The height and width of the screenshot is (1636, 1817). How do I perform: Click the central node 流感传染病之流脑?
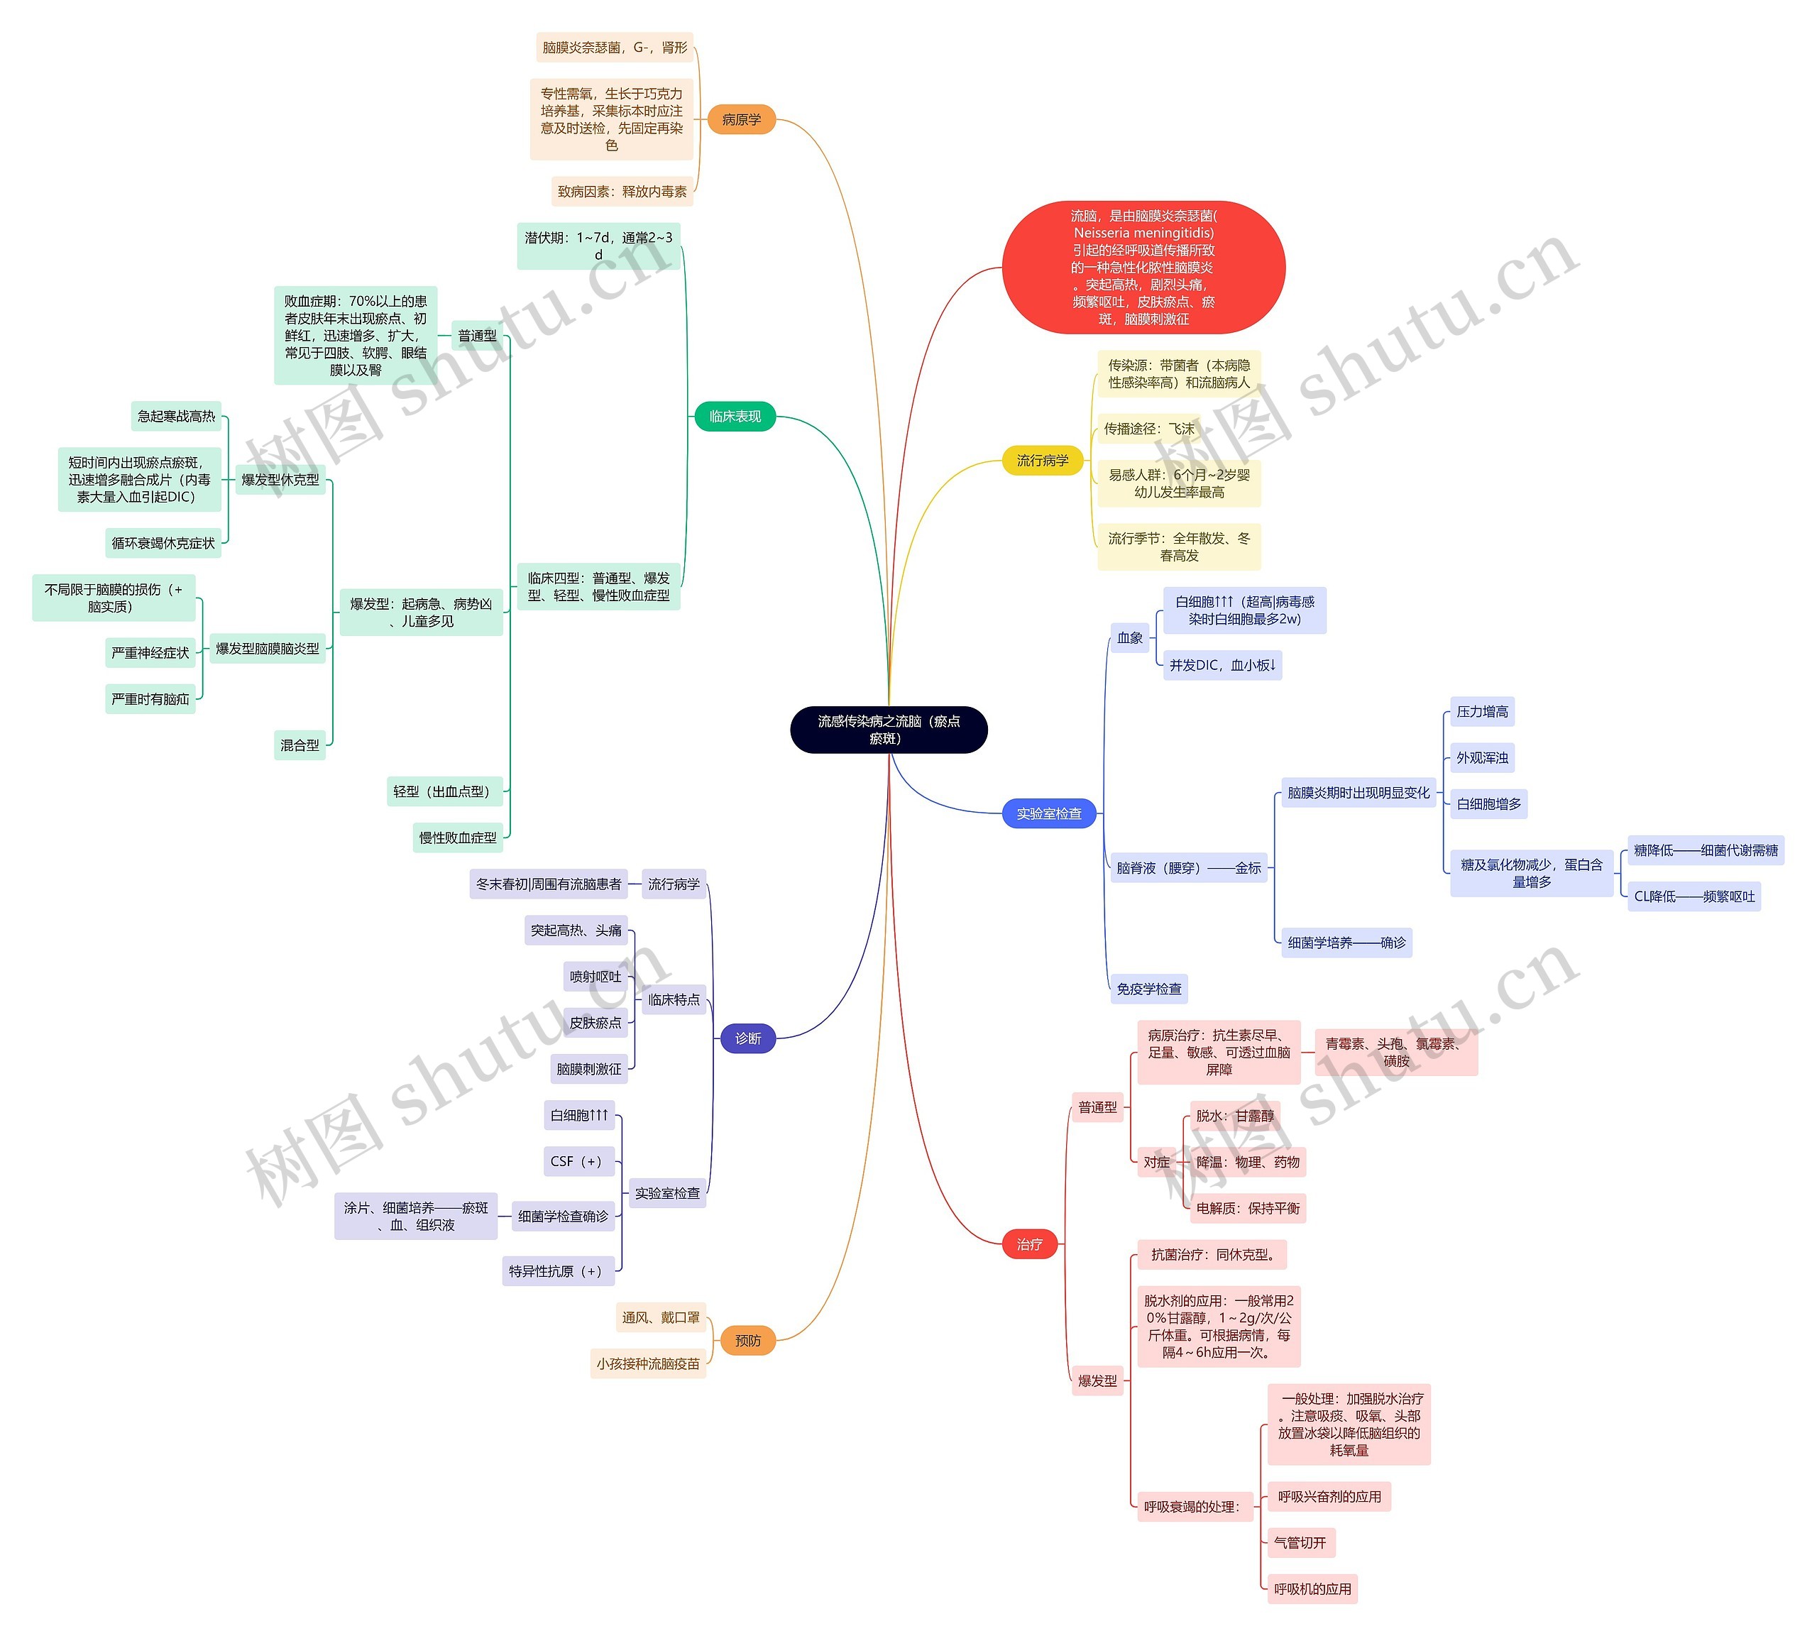[888, 729]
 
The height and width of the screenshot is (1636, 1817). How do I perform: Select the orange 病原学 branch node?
[741, 119]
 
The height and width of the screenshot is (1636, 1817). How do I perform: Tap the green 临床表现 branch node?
[735, 416]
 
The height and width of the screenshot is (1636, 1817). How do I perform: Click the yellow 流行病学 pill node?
[1042, 460]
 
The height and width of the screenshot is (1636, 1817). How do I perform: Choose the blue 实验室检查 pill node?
[1048, 813]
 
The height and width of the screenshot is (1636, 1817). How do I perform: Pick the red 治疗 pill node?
[1029, 1244]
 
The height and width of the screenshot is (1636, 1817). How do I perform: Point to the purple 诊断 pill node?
[747, 1038]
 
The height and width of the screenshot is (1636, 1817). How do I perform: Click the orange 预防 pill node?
[747, 1340]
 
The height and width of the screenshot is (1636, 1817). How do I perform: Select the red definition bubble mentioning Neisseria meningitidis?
[1143, 267]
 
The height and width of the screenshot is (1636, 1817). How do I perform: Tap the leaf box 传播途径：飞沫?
[1148, 429]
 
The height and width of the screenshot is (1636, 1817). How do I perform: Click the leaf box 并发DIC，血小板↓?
[1222, 665]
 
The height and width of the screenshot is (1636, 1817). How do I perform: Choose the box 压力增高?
[1482, 712]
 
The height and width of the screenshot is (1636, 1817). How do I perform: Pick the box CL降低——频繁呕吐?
[1693, 896]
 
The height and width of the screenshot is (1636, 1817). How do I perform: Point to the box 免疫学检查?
[1148, 989]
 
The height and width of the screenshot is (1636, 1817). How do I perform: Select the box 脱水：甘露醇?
[1234, 1116]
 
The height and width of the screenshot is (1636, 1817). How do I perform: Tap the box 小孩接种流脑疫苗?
[647, 1363]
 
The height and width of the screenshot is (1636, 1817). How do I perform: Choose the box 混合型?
[300, 745]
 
